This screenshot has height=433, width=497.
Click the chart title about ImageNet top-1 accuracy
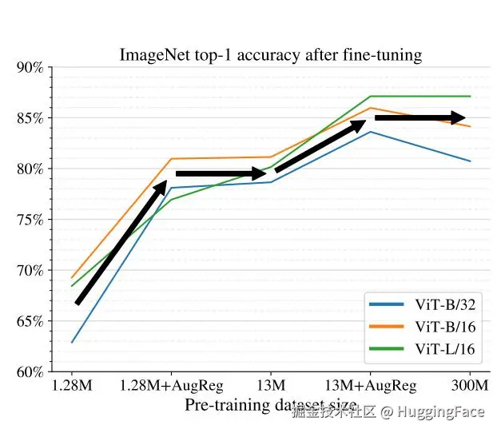pos(270,55)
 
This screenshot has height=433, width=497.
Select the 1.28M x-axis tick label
pos(72,386)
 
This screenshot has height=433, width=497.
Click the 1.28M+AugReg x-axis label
pos(171,386)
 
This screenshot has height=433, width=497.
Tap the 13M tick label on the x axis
pos(271,386)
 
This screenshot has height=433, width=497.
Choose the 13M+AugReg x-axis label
pos(370,386)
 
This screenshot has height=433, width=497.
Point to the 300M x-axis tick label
pos(469,386)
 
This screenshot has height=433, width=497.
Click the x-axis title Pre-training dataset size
pos(270,404)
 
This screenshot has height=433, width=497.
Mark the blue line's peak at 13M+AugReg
pos(369,131)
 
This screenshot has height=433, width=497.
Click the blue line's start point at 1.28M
pos(72,343)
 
